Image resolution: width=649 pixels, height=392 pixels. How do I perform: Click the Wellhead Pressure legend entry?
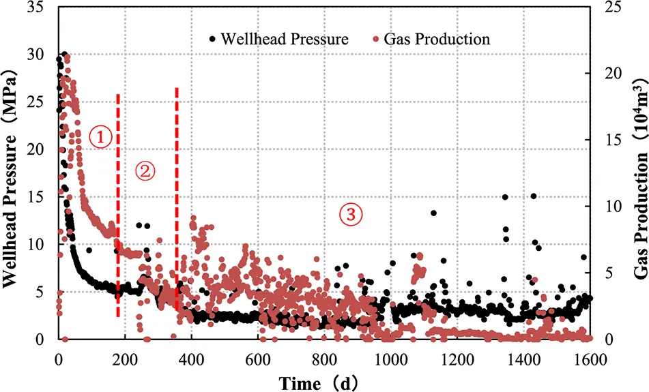pos(279,39)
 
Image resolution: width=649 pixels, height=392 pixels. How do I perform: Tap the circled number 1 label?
pos(100,137)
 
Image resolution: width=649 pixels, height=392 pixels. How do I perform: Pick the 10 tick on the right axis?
pos(604,207)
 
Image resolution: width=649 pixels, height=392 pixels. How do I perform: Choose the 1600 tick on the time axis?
pos(588,357)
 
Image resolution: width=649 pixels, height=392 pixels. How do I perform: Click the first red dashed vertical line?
pos(119,205)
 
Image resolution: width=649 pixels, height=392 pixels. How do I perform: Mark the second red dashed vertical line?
pos(177,205)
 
